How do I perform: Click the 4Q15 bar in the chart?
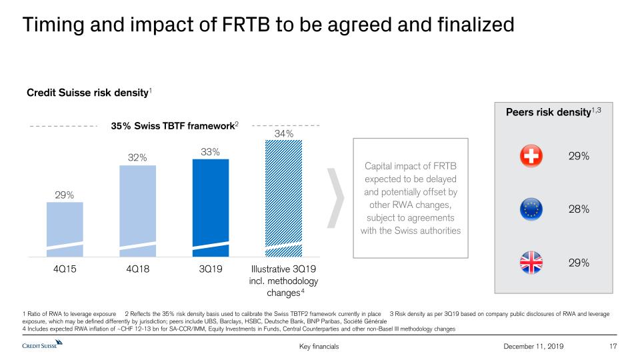click(x=65, y=229)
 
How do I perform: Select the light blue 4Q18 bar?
click(x=137, y=210)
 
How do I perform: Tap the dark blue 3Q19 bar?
click(x=210, y=207)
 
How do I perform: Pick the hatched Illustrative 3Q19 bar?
click(x=283, y=199)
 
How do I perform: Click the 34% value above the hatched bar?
click(x=285, y=135)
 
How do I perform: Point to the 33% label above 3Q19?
click(x=211, y=152)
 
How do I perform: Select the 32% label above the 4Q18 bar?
click(x=137, y=157)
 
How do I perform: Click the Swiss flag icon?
click(x=531, y=157)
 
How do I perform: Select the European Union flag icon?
click(x=531, y=209)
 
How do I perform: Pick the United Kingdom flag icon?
click(x=531, y=263)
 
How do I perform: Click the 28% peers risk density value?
click(x=579, y=209)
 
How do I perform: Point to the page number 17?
click(x=613, y=346)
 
